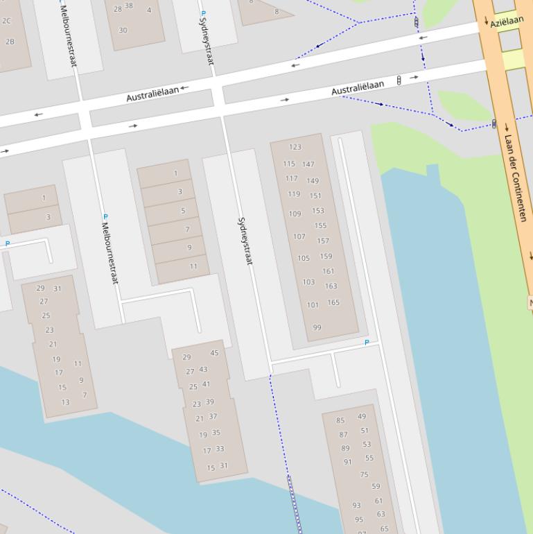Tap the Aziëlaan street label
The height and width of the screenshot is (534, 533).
(x=507, y=22)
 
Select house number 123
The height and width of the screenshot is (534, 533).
(x=295, y=147)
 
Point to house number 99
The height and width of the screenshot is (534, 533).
(x=317, y=327)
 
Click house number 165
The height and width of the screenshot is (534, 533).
(x=333, y=302)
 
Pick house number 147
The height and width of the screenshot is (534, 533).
(x=308, y=164)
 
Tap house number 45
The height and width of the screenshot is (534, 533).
(x=214, y=353)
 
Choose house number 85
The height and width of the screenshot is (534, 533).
(x=340, y=420)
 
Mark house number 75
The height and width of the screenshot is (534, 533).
(x=364, y=474)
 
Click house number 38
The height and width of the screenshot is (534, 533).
(x=129, y=6)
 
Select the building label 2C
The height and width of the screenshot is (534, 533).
(x=7, y=21)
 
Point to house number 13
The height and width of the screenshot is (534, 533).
(x=65, y=402)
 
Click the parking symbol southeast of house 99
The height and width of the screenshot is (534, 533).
(x=367, y=343)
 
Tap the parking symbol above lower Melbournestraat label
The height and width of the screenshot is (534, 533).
(x=105, y=217)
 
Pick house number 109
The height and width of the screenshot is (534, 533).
(x=295, y=214)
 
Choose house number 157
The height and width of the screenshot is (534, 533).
(x=323, y=241)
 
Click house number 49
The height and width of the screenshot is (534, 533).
(x=362, y=416)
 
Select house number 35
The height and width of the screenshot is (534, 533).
(x=216, y=433)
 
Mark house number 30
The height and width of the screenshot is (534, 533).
(x=123, y=30)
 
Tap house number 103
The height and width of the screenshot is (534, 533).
(x=308, y=282)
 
